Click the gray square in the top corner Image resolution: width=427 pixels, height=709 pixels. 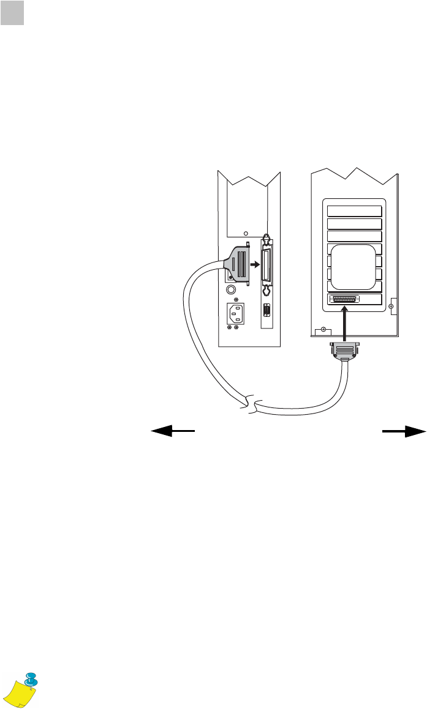click(12, 13)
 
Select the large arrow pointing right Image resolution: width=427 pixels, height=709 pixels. click(404, 431)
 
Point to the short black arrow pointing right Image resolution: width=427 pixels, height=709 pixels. click(254, 266)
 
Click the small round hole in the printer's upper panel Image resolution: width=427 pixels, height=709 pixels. click(246, 233)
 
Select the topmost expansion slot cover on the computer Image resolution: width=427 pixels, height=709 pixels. click(355, 212)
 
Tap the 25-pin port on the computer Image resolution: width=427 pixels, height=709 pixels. click(344, 299)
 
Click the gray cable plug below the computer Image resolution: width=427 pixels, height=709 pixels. click(345, 353)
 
